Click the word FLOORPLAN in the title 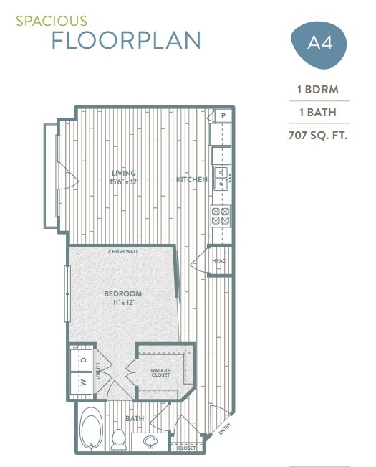(x=126, y=41)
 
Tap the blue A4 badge (x=319, y=44)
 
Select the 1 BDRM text (x=318, y=90)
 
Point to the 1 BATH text (x=318, y=112)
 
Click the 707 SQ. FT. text (x=318, y=134)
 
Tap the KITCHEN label (x=192, y=179)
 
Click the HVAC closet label (x=218, y=260)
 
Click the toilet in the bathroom (x=120, y=438)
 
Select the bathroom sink (x=151, y=441)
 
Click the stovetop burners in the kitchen (x=221, y=216)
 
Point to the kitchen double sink (x=221, y=177)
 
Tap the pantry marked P (x=223, y=115)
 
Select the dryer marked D (x=83, y=358)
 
